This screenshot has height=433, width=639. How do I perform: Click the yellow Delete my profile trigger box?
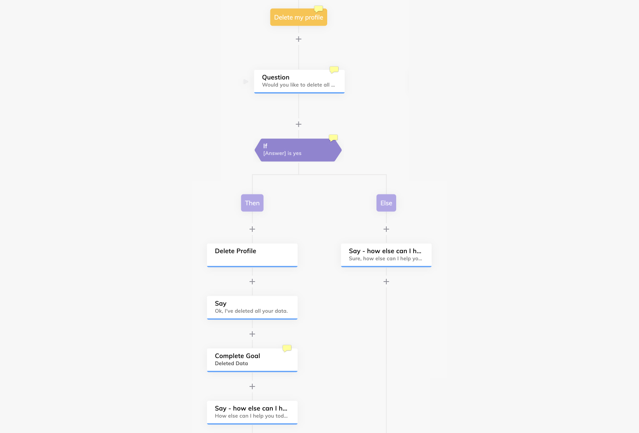click(x=298, y=17)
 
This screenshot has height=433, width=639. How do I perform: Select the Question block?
click(x=299, y=81)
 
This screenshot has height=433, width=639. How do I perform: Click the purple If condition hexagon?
click(x=298, y=150)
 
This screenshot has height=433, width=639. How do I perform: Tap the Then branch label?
click(x=252, y=203)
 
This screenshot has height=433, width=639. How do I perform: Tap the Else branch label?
click(x=386, y=203)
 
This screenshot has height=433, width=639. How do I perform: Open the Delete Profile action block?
click(x=252, y=255)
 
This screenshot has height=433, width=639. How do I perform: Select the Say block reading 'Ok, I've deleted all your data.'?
click(x=252, y=308)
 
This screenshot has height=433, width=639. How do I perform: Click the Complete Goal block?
click(x=252, y=360)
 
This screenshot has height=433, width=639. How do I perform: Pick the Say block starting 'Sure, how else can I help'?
click(x=386, y=255)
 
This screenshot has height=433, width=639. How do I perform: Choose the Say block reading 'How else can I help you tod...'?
click(x=252, y=413)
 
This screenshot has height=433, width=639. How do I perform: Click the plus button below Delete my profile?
click(x=298, y=39)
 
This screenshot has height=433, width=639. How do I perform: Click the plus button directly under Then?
click(x=252, y=229)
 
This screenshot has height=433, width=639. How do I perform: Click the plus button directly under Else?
click(x=386, y=229)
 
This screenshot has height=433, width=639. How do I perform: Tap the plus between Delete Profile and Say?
click(x=252, y=282)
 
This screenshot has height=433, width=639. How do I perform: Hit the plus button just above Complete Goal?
click(x=252, y=334)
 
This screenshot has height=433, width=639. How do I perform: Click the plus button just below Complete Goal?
click(x=252, y=387)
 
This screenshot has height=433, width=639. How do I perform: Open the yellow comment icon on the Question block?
click(x=334, y=70)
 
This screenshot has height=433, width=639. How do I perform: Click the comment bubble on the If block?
click(x=333, y=138)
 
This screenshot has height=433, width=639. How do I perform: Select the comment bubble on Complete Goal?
click(x=287, y=348)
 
